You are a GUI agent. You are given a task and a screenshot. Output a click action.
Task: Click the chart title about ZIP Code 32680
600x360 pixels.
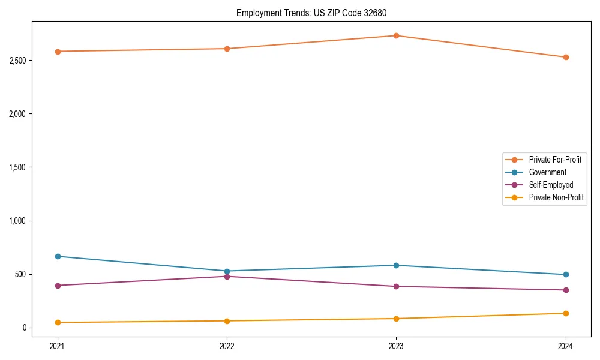click(316, 13)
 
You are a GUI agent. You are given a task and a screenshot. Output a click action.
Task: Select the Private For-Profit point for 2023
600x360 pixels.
click(396, 35)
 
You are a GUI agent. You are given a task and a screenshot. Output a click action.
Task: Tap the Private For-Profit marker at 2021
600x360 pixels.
click(58, 52)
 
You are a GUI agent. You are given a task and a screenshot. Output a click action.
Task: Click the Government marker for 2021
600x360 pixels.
click(58, 256)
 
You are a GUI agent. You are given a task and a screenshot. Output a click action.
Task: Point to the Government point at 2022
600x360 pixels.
click(227, 271)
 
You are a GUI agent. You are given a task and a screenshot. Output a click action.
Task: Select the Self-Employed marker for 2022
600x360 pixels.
click(227, 276)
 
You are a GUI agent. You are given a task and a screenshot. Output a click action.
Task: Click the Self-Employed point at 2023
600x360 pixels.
click(396, 286)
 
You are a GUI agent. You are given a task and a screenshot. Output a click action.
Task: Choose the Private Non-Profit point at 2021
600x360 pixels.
click(58, 322)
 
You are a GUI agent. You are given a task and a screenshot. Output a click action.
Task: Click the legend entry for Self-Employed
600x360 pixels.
click(551, 185)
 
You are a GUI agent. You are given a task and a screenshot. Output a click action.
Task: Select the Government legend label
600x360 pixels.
click(547, 172)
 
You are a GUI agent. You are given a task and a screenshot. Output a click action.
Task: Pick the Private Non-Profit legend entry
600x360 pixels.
click(556, 197)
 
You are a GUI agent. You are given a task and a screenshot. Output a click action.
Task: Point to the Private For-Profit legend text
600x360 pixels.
click(555, 160)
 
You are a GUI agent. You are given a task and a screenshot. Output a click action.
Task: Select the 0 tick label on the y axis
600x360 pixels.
click(26, 328)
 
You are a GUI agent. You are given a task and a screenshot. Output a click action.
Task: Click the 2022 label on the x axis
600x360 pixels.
click(227, 346)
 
